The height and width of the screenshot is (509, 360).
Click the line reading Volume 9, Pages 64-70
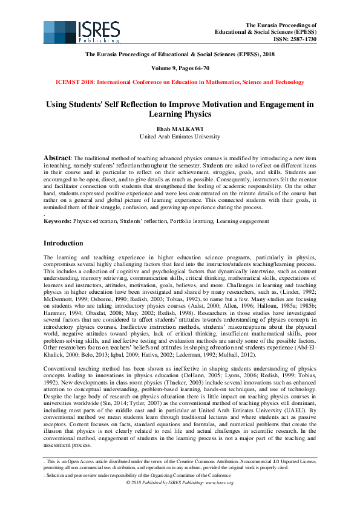(x=180, y=68)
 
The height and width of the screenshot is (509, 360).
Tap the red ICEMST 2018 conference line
(x=180, y=82)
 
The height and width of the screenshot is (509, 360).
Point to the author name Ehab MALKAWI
(x=180, y=128)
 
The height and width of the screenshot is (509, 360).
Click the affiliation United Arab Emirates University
(x=180, y=136)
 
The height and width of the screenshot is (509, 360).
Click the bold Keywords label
(x=57, y=221)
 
